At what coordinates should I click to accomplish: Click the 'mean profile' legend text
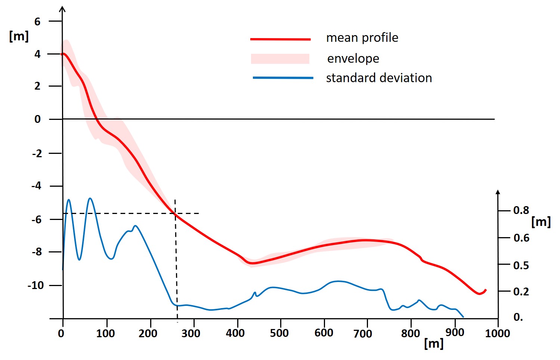pos(362,38)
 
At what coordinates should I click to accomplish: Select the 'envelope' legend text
pos(353,59)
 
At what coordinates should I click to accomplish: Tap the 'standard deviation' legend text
pos(379,78)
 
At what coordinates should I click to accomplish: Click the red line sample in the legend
pos(280,39)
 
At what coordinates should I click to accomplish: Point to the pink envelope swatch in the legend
pos(280,59)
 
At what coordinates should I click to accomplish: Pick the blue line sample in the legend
pos(283,78)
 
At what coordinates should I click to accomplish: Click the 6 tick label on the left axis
pos(37,22)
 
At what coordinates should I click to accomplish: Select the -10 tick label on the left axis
pos(35,286)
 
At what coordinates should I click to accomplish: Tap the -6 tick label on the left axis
pos(37,220)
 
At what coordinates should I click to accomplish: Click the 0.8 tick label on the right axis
pos(521,210)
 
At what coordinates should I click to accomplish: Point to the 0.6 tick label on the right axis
pos(521,238)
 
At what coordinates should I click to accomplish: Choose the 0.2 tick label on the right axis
pos(521,292)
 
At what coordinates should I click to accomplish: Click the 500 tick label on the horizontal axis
pos(279,333)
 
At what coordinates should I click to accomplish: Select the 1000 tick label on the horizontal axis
pos(497,333)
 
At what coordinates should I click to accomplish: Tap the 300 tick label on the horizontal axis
pos(191,333)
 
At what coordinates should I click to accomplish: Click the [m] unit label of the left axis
pos(19,36)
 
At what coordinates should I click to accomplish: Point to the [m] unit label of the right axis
pos(541,222)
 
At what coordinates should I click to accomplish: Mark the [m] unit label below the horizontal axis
pos(434,343)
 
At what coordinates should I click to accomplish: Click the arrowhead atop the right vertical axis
pos(498,192)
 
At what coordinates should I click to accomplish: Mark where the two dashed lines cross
pos(175,214)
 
